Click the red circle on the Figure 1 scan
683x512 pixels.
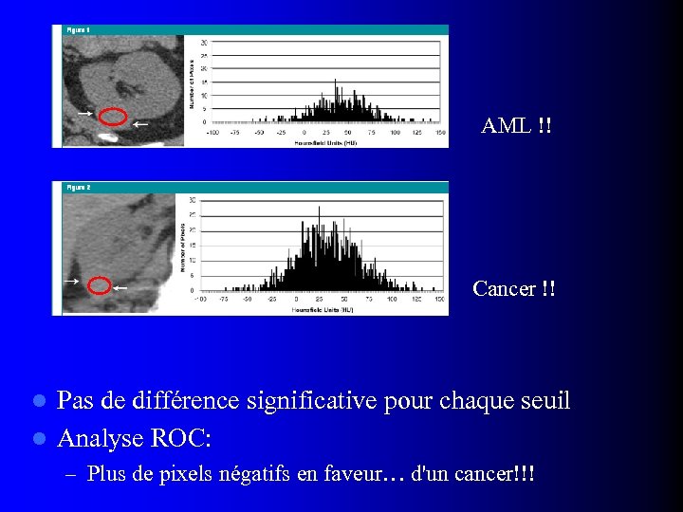point(113,118)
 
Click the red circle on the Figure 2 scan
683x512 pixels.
point(98,285)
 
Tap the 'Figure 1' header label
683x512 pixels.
point(78,30)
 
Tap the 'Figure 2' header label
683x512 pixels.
point(78,188)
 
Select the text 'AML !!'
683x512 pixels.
point(516,126)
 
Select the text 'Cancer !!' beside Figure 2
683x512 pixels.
point(514,288)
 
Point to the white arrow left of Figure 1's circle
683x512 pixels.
point(84,113)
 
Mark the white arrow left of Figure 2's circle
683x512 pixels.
point(70,282)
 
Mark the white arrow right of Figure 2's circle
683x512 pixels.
point(120,287)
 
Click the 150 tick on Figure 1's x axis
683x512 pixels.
point(440,134)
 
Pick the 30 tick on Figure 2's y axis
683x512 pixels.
point(193,200)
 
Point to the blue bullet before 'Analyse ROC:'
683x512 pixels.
point(39,439)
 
